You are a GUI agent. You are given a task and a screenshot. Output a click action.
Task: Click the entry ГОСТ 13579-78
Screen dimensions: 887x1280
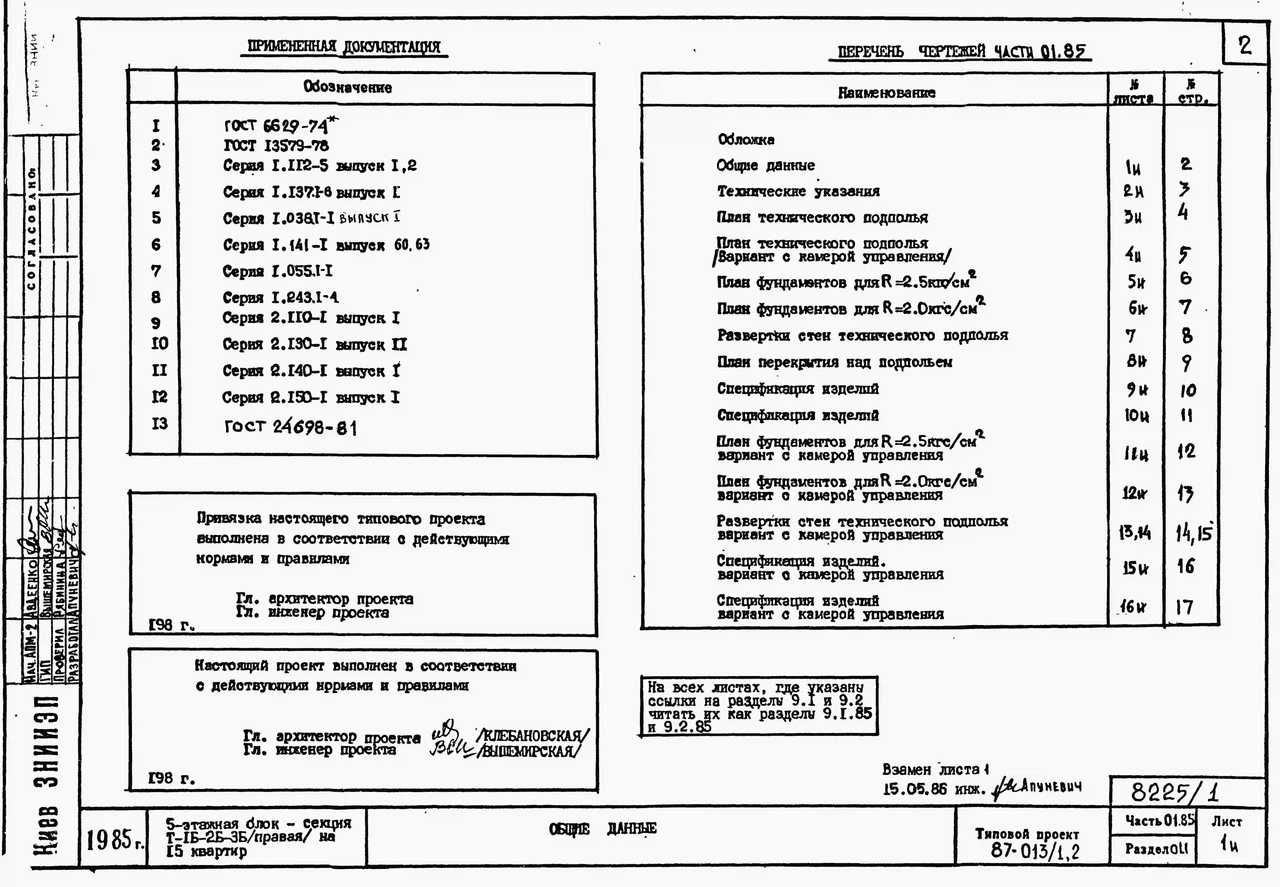pyautogui.click(x=276, y=146)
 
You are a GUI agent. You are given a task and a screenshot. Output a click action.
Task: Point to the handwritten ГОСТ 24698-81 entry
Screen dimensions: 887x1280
pyautogui.click(x=290, y=427)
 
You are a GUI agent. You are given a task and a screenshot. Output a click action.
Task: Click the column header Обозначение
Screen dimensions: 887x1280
pyautogui.click(x=347, y=87)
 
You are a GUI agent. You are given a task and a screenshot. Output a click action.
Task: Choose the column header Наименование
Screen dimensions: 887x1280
pyautogui.click(x=886, y=93)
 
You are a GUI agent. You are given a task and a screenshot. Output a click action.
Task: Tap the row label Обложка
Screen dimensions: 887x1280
pyautogui.click(x=746, y=139)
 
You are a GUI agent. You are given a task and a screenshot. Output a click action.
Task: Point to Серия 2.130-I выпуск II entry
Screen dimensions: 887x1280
pyautogui.click(x=315, y=344)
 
